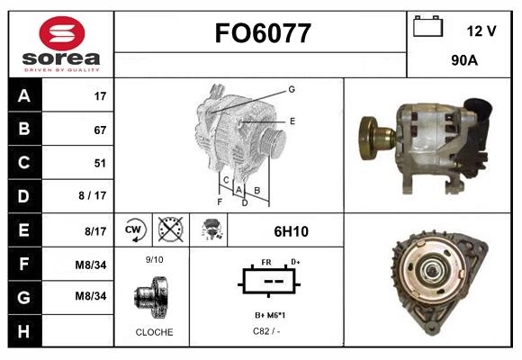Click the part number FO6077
point(263,33)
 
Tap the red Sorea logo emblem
point(62,33)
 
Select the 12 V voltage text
point(481,31)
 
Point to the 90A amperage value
point(464,60)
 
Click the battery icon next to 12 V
point(427,26)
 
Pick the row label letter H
point(24,331)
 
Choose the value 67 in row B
point(100,130)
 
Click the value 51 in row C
point(100,163)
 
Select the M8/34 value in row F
point(91,265)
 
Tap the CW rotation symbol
point(133,229)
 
